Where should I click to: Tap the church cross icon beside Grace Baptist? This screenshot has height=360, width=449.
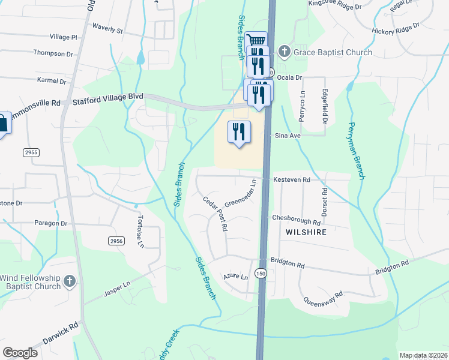coord(285,52)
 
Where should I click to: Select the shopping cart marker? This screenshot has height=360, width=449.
coord(256,41)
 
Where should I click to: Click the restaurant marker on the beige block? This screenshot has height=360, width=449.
coord(239,131)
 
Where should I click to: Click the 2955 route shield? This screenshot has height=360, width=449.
coord(31,152)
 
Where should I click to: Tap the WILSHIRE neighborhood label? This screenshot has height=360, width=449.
coord(306,232)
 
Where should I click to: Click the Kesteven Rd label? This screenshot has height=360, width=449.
coord(291,179)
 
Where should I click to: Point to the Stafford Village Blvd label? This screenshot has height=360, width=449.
coord(108,96)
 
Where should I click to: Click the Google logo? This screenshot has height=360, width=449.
coord(20,353)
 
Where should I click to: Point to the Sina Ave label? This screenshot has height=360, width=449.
coord(286,136)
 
